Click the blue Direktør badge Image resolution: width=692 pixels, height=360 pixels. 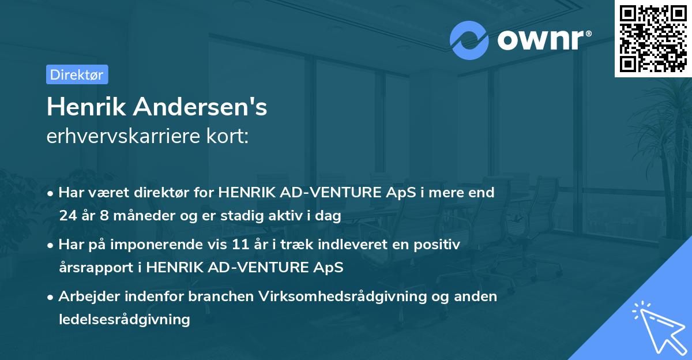pos(77,74)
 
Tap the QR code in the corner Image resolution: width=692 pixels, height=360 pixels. pos(652,38)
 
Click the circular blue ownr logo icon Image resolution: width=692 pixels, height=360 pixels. pos(470,40)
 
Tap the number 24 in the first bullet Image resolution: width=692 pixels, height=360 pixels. pos(67,216)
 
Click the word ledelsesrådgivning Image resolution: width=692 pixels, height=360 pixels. pos(124,319)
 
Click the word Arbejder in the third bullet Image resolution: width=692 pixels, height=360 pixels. pos(87,297)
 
